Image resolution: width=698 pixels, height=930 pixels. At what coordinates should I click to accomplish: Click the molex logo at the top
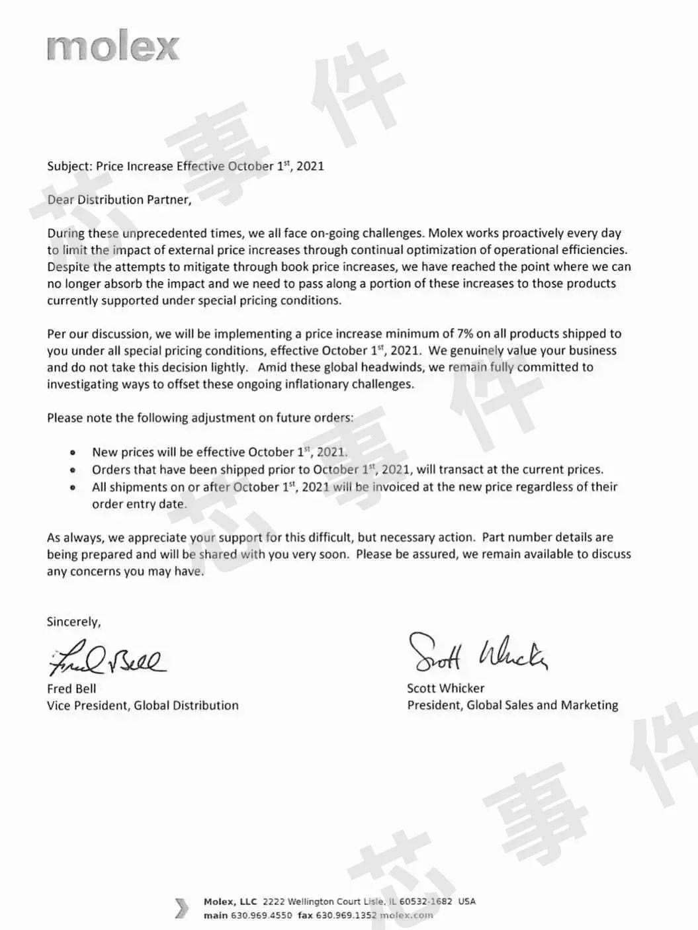(x=113, y=48)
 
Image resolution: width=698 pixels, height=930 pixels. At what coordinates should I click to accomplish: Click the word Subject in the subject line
(x=69, y=167)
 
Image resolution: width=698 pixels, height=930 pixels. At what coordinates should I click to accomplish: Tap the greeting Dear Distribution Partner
(x=119, y=200)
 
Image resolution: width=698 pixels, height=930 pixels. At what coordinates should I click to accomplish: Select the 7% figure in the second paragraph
(x=465, y=334)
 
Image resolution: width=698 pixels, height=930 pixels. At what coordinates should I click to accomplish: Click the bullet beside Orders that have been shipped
(x=73, y=470)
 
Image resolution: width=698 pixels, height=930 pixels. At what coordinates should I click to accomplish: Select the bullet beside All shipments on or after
(x=73, y=487)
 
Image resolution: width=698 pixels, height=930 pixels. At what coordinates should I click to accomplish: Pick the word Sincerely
(x=73, y=622)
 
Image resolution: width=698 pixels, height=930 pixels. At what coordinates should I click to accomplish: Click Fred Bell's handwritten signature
(x=106, y=658)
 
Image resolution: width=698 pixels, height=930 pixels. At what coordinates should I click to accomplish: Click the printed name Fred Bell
(x=71, y=689)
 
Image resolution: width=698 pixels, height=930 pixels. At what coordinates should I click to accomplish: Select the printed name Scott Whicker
(x=445, y=689)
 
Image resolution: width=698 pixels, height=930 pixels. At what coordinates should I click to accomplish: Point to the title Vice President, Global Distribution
(x=142, y=706)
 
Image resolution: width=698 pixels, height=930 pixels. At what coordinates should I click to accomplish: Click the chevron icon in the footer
(x=181, y=908)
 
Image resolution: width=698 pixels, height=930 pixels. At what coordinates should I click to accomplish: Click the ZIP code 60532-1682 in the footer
(x=425, y=902)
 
